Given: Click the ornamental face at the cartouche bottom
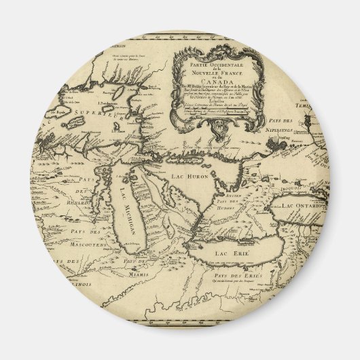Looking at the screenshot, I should point(226,127).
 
